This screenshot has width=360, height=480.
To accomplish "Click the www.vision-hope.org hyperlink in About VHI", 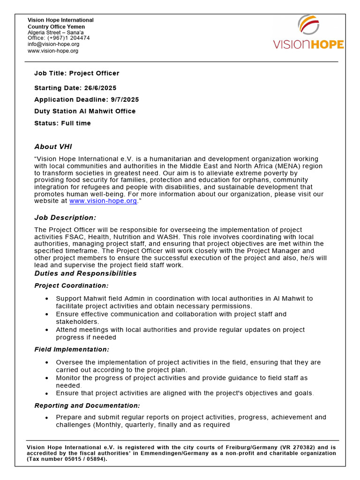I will (x=103, y=201).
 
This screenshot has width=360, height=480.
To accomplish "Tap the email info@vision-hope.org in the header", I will (x=53, y=44).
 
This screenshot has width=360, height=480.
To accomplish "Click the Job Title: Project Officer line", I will (x=77, y=73).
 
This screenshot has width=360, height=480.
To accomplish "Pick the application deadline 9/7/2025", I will (x=122, y=99).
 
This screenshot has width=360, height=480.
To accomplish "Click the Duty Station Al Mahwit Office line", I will (x=85, y=111).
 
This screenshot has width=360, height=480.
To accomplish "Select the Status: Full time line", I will (x=62, y=123).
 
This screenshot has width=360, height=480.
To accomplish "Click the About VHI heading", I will (x=53, y=147).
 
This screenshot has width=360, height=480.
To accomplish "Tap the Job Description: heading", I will (x=65, y=217).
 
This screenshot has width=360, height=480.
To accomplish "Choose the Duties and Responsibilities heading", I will (x=85, y=273).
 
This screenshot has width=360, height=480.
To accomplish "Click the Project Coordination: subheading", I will (x=71, y=285).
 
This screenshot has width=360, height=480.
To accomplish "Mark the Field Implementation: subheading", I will (x=72, y=349).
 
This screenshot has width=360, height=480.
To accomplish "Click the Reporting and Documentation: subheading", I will (x=87, y=405).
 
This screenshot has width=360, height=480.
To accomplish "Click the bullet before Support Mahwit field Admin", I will (x=46, y=299).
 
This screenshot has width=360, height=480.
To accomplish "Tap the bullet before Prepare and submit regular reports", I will (x=46, y=417).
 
